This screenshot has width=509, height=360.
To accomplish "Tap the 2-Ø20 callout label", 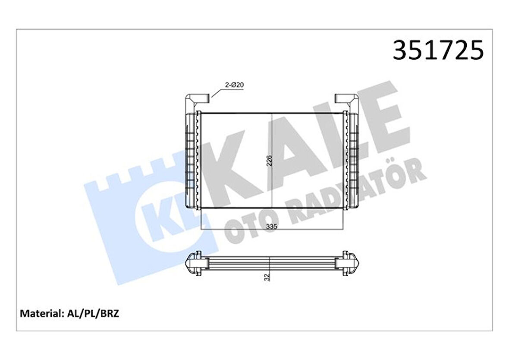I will [235, 85].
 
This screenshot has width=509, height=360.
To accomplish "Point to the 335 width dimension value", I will [271, 226].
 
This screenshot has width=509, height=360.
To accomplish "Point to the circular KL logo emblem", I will [162, 220].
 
